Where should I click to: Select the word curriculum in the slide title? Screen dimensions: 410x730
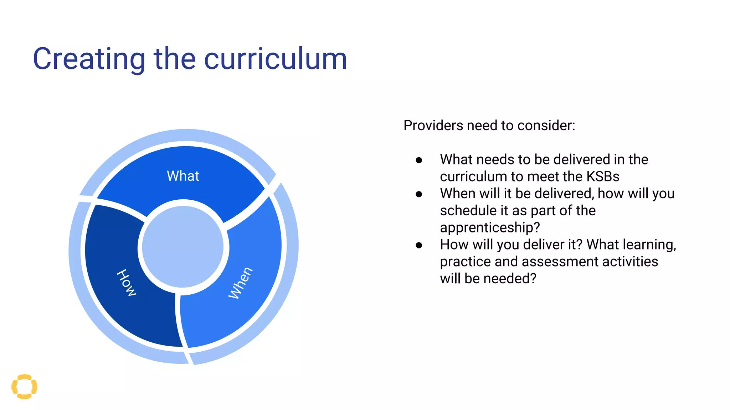275,59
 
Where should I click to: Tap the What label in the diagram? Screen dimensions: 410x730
183,176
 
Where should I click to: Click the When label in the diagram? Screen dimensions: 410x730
241,283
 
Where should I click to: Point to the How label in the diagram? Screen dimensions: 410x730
127,283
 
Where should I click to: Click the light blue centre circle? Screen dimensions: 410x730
182,247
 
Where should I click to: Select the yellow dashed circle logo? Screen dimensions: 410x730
24,387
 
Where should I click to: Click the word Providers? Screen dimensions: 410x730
433,126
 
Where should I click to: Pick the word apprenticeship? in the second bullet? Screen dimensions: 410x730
490,227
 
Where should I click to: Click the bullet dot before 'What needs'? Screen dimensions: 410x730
419,161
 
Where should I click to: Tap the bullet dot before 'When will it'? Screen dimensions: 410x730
419,194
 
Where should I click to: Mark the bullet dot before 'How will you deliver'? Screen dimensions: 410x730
419,245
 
